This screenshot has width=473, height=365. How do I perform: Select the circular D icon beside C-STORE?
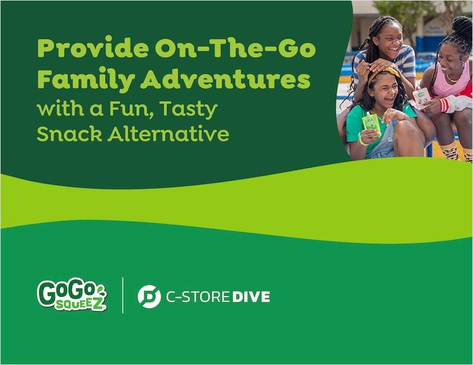tap(149, 296)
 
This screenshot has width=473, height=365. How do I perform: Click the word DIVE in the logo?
tap(251, 296)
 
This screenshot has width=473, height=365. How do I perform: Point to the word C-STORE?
tap(197, 296)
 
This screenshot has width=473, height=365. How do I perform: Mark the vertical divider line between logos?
tap(123, 295)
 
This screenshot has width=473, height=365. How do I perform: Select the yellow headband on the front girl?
tap(385, 74)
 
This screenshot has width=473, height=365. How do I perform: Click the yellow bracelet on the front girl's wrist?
tap(361, 141)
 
